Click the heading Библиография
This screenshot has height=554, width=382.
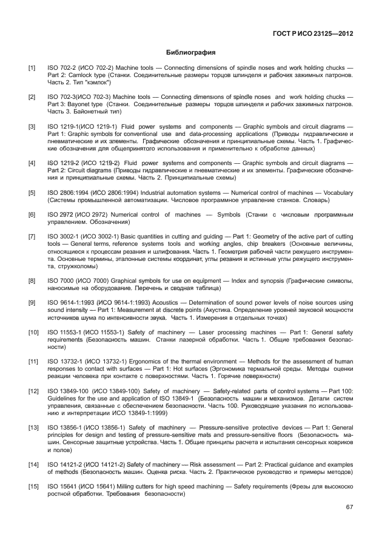pos(190,53)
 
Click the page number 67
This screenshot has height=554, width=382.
pos(349,507)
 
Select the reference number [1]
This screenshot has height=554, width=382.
pos(32,68)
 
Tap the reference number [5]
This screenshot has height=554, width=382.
pos(32,192)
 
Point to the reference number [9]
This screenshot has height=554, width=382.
pos(32,302)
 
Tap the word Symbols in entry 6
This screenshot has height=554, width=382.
pos(227,215)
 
